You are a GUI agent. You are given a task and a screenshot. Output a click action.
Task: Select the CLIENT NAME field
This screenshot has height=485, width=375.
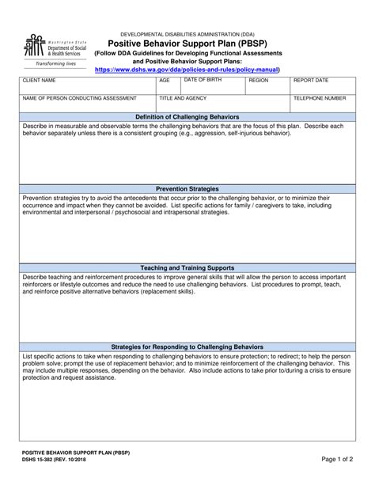[88, 86]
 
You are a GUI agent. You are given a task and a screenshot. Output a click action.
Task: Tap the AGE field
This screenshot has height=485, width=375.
[169, 86]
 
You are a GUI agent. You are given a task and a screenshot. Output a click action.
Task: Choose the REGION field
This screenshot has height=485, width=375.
[267, 86]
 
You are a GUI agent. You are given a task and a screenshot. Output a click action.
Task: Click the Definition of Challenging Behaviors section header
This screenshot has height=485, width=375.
[187, 117]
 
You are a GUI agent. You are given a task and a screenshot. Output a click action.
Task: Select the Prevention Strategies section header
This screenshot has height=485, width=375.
[187, 190]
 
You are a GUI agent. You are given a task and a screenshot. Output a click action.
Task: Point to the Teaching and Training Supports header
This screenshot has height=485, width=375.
[187, 268]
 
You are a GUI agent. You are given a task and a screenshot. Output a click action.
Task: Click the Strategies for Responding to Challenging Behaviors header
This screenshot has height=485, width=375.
[187, 347]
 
